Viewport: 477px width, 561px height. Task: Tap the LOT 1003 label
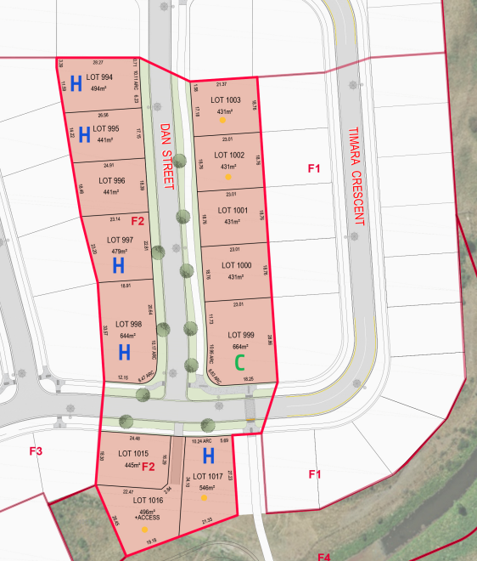point(227,100)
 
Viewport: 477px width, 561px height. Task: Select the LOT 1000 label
point(234,265)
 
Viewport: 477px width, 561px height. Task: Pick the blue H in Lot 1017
point(207,457)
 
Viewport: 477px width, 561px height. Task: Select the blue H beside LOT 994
point(76,83)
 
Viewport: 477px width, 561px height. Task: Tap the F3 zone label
point(36,450)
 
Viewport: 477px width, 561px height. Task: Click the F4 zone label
point(323,557)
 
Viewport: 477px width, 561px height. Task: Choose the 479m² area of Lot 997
point(119,252)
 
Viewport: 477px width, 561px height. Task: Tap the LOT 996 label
point(112,180)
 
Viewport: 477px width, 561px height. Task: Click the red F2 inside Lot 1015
point(148,467)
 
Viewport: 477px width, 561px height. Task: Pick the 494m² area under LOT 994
point(101,88)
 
